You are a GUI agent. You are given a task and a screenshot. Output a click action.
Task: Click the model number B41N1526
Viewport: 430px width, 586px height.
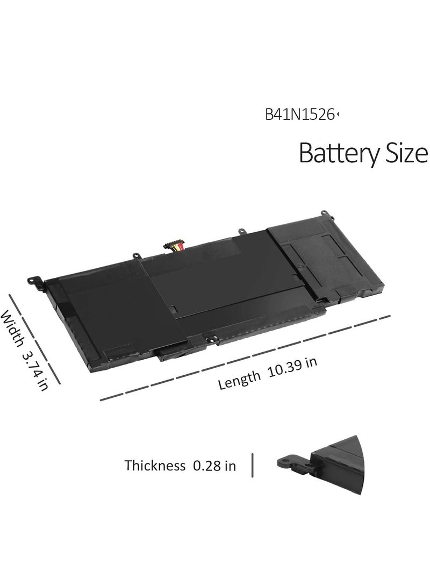click(299, 115)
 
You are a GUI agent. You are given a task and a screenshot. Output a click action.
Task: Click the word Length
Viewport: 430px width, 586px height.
click(240, 380)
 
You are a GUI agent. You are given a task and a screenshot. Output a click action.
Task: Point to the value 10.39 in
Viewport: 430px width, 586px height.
click(293, 368)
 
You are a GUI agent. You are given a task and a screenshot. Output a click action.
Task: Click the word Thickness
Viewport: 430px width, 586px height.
click(155, 466)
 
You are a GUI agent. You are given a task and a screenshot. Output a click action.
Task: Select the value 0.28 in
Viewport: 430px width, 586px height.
click(214, 466)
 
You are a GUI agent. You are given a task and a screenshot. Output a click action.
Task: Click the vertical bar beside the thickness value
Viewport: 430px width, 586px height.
click(253, 465)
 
